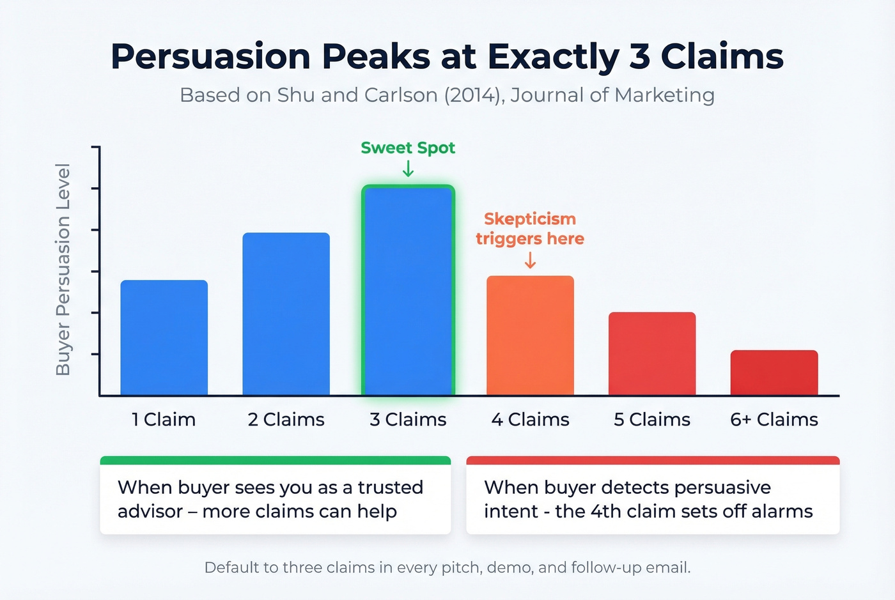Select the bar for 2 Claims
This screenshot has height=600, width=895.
[286, 314]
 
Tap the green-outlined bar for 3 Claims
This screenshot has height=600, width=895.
[408, 291]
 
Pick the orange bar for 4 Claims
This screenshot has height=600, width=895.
[530, 335]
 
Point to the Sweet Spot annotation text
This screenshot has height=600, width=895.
[408, 148]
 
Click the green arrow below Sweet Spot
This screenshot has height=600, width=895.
[408, 169]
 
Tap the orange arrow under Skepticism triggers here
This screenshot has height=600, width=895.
[530, 260]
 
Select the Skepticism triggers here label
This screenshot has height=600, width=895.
[530, 229]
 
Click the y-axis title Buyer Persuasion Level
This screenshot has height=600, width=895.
[63, 270]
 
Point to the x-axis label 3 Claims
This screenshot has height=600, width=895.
[408, 420]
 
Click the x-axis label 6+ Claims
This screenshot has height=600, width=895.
[774, 420]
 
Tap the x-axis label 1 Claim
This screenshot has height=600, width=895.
[164, 420]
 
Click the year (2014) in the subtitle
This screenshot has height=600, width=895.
[472, 95]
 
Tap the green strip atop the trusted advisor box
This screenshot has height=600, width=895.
[276, 460]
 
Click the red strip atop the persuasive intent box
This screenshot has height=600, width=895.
[653, 460]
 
